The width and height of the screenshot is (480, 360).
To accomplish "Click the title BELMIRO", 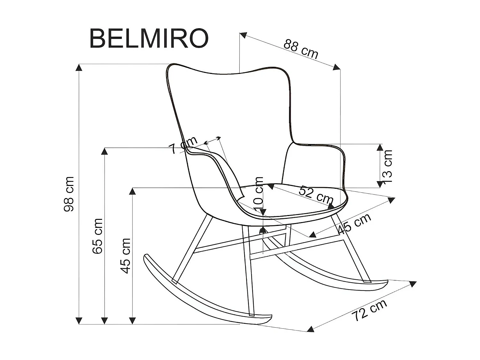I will click(x=149, y=38).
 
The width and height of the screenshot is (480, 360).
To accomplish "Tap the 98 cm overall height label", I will click(x=69, y=194).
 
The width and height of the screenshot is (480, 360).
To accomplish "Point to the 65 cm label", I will click(x=98, y=236).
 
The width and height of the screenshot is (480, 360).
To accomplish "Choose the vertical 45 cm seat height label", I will click(x=126, y=256).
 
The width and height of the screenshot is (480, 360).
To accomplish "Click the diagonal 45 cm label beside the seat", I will click(x=355, y=223).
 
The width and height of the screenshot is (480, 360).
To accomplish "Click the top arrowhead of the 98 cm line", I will click(x=79, y=67).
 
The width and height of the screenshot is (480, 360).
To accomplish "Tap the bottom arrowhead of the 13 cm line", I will click(x=380, y=184).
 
